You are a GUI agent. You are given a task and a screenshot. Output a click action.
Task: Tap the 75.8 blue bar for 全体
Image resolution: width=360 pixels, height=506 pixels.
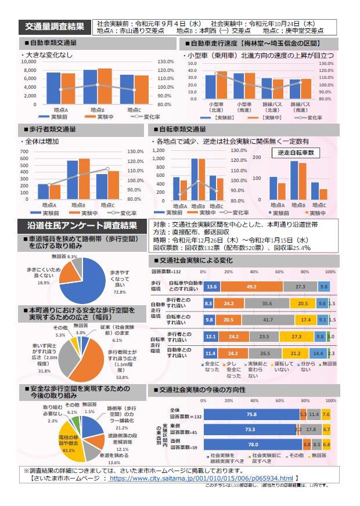coord(251,414)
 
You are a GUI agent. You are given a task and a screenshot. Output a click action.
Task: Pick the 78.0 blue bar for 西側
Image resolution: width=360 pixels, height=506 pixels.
coord(253,444)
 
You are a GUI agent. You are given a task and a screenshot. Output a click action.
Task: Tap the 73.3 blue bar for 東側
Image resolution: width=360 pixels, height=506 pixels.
coord(250,429)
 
